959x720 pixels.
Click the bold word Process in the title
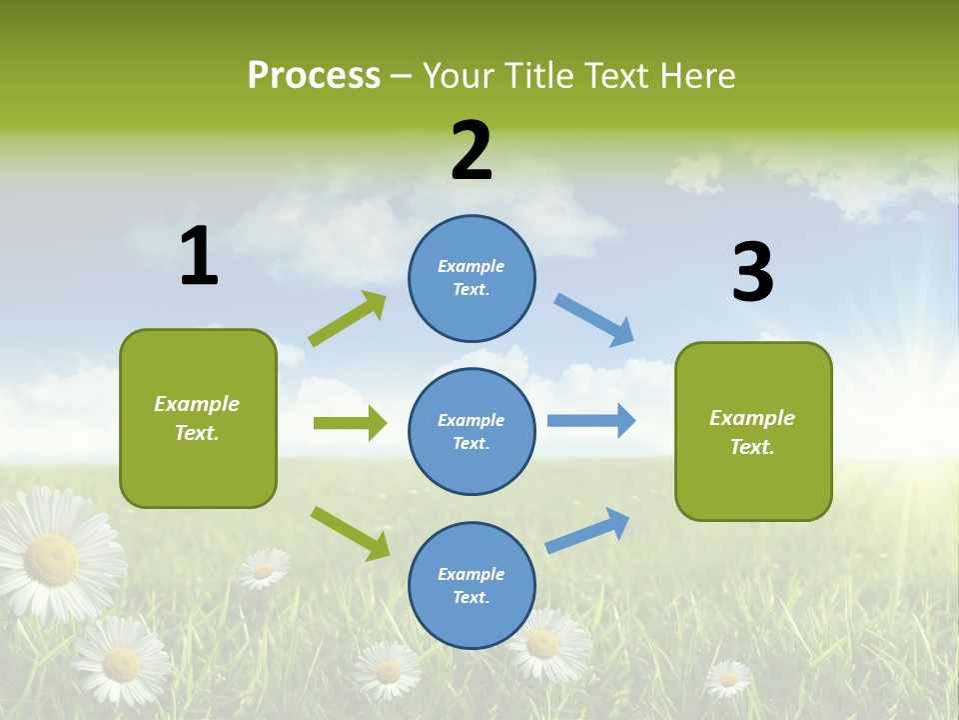pyautogui.click(x=314, y=76)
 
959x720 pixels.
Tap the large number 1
pyautogui.click(x=199, y=256)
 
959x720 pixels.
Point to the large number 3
pyautogui.click(x=752, y=273)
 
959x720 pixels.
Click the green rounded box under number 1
pyautogui.click(x=198, y=418)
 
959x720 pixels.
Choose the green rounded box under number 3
pyautogui.click(x=753, y=431)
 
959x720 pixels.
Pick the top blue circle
pyautogui.click(x=472, y=278)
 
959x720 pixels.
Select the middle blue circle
pyautogui.click(x=472, y=431)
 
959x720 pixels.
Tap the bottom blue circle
pyautogui.click(x=472, y=585)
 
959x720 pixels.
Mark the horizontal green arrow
pyautogui.click(x=350, y=423)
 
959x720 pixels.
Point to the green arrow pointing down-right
pyautogui.click(x=350, y=533)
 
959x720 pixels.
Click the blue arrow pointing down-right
pyautogui.click(x=594, y=320)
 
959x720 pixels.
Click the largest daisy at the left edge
pyautogui.click(x=55, y=555)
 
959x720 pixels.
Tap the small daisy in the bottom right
pyautogui.click(x=728, y=678)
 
